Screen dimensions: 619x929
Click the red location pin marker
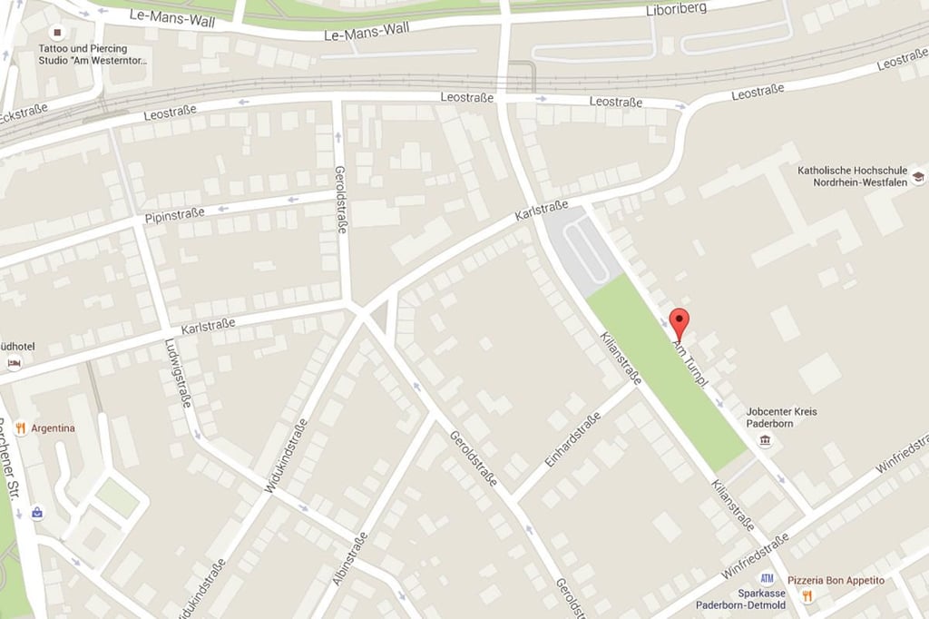tap(679, 322)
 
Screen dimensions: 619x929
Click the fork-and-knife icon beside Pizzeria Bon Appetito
tap(807, 596)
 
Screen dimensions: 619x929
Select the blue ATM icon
tap(768, 577)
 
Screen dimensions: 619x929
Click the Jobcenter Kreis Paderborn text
tap(781, 418)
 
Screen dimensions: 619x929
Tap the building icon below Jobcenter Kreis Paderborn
tap(767, 441)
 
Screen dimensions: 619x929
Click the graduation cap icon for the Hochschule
tap(918, 177)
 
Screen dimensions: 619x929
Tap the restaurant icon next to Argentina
tap(20, 427)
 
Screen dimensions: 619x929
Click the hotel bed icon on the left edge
tap(14, 363)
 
